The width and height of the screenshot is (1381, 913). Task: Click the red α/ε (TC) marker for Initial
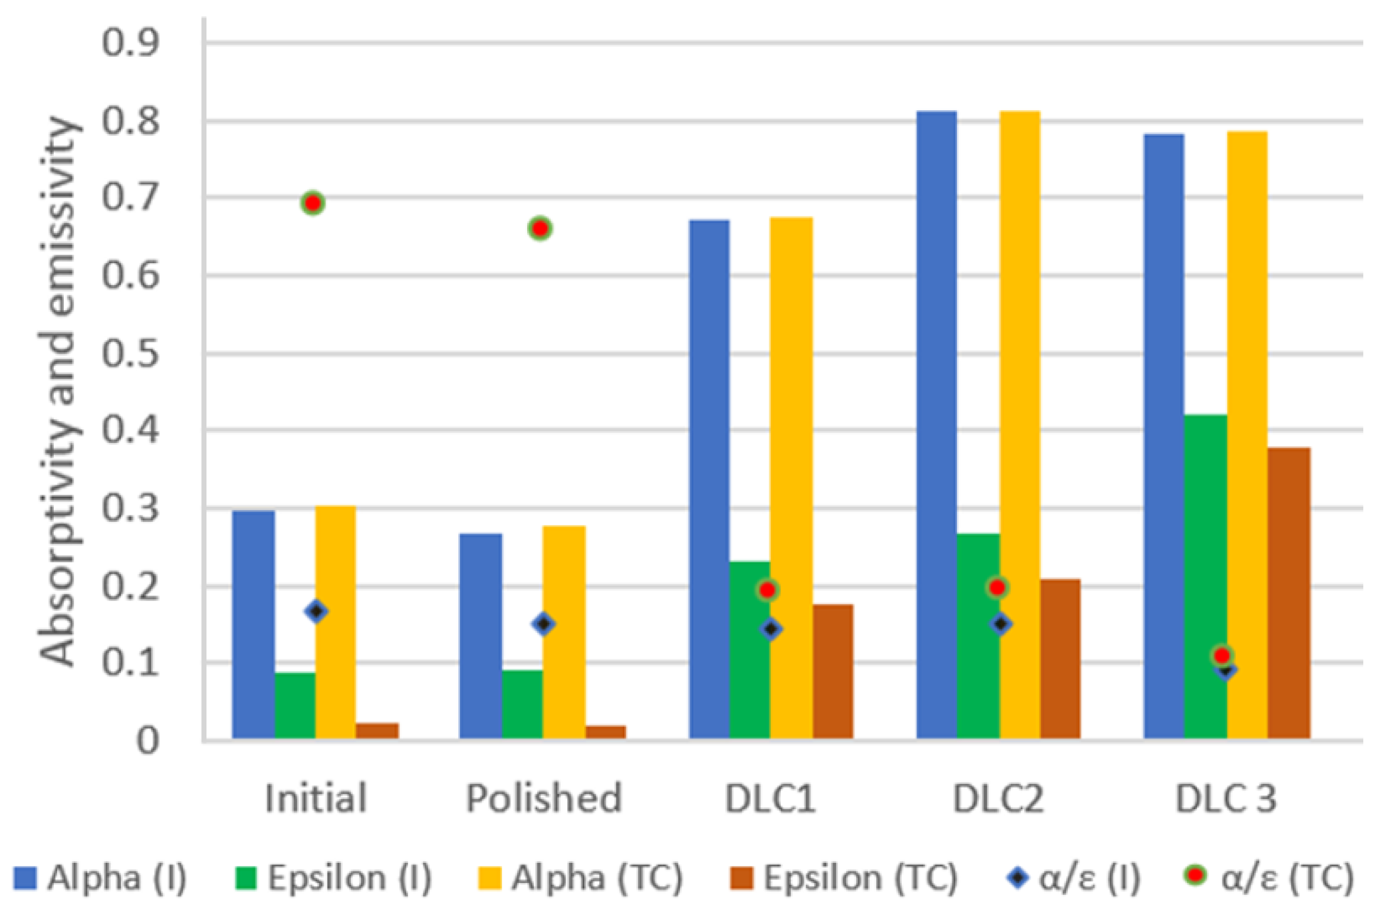pyautogui.click(x=313, y=203)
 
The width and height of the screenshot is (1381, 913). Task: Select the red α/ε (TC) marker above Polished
pyautogui.click(x=540, y=228)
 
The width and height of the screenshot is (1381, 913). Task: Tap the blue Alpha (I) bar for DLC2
pyautogui.click(x=936, y=425)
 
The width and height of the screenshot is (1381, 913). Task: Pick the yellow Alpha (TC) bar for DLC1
pyautogui.click(x=791, y=478)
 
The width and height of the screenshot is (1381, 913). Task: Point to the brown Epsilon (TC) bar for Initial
pyautogui.click(x=377, y=730)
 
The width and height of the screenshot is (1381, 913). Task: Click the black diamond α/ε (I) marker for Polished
pyautogui.click(x=544, y=623)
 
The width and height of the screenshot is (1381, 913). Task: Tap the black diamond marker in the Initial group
pyautogui.click(x=317, y=612)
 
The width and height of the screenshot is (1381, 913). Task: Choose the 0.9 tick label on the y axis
pyautogui.click(x=130, y=43)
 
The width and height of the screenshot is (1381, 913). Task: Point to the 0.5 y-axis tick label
pyautogui.click(x=130, y=354)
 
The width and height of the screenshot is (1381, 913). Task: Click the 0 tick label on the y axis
pyautogui.click(x=147, y=741)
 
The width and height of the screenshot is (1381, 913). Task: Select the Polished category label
pyautogui.click(x=544, y=799)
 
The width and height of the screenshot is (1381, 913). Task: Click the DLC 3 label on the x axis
pyautogui.click(x=1225, y=799)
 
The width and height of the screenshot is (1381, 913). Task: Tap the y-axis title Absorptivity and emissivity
pyautogui.click(x=59, y=392)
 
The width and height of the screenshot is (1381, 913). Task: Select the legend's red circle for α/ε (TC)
pyautogui.click(x=1195, y=876)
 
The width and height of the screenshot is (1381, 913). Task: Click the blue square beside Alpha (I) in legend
pyautogui.click(x=25, y=878)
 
